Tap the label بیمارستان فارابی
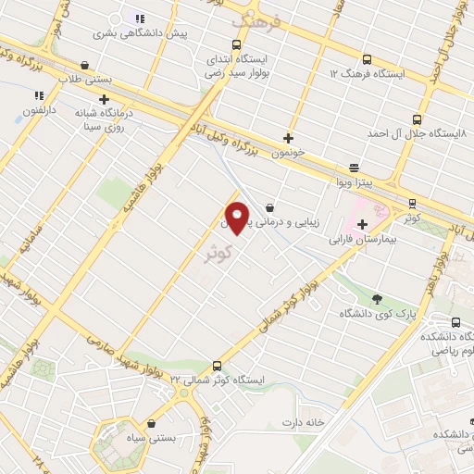pyautogui.click(x=368, y=239)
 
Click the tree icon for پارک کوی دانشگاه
pyautogui.click(x=377, y=298)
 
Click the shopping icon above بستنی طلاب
pyautogui.click(x=85, y=66)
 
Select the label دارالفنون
pyautogui.click(x=39, y=109)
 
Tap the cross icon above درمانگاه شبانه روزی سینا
pyautogui.click(x=104, y=98)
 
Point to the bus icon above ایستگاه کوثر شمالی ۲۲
pyautogui.click(x=217, y=366)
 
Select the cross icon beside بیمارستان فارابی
pyautogui.click(x=362, y=224)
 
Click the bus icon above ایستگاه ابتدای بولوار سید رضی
pyautogui.click(x=237, y=44)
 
